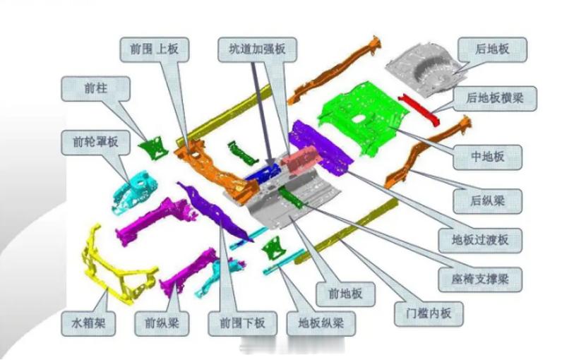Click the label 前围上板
154,49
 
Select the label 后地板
493,49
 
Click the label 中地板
487,157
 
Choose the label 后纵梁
487,201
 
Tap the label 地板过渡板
483,240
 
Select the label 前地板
345,294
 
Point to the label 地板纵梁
321,324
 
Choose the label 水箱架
93,324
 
